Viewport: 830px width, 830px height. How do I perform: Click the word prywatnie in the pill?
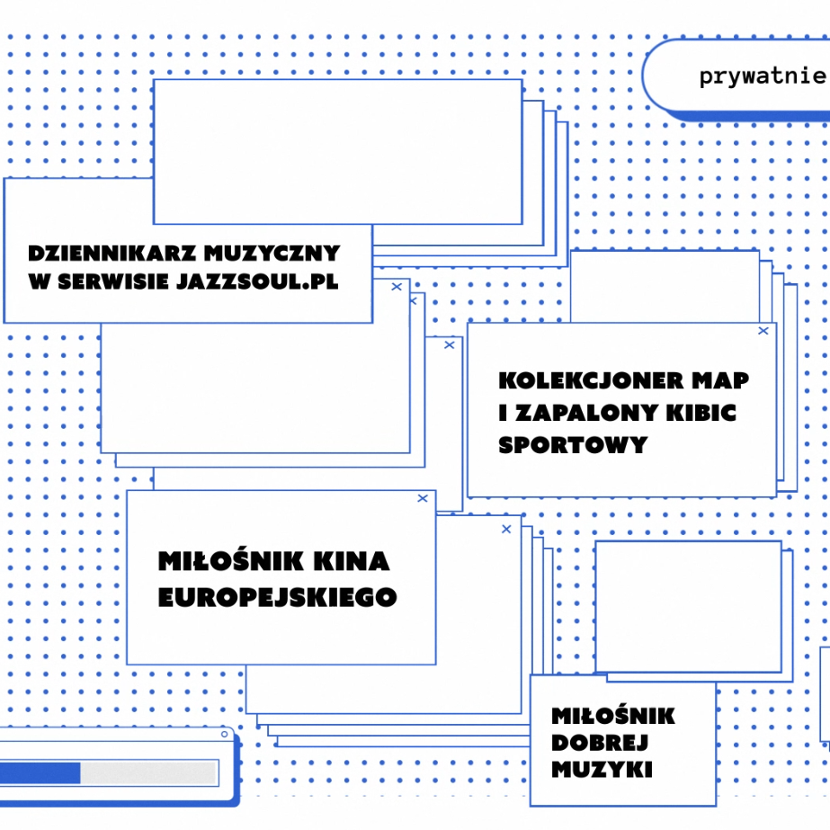coord(762,76)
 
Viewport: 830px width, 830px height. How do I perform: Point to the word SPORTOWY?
coord(573,445)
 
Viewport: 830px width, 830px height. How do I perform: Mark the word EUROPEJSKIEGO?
coord(277,597)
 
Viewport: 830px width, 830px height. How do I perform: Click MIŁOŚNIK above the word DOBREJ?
coord(613,717)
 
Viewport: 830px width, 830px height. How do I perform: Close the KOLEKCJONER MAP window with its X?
coord(763,331)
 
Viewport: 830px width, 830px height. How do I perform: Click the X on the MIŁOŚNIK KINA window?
coord(423,498)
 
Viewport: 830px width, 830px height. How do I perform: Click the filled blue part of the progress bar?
coord(40,773)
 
